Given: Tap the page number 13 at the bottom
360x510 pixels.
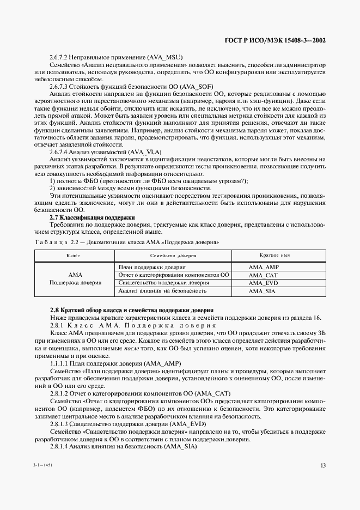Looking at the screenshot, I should pyautogui.click(x=323, y=465).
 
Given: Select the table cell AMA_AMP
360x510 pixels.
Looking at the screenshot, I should pyautogui.click(x=263, y=268).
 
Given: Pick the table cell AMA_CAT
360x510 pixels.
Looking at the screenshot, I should pyautogui.click(x=263, y=275).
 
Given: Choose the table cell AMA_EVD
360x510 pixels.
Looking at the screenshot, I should pyautogui.click(x=263, y=283).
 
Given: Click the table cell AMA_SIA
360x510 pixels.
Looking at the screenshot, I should pyautogui.click(x=263, y=292).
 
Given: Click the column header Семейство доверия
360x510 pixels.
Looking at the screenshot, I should pyautogui.click(x=173, y=255).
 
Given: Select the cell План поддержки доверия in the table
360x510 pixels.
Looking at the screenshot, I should pyautogui.click(x=152, y=268).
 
